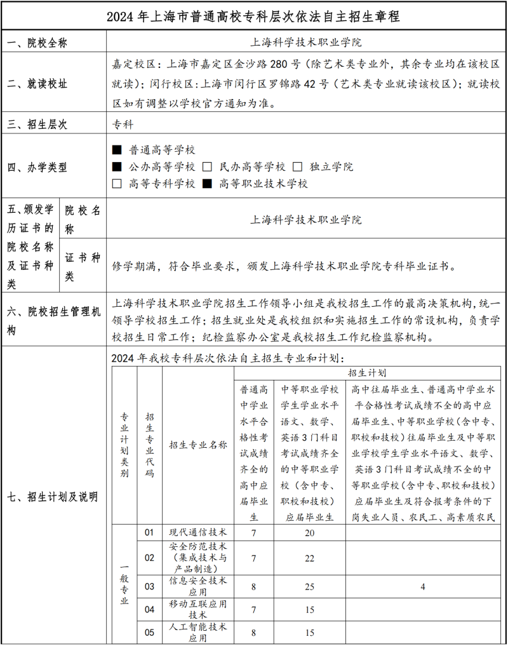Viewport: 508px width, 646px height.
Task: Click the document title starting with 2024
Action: click(253, 16)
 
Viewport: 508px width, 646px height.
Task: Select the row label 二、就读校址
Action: click(37, 84)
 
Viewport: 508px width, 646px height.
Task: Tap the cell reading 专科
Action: click(123, 124)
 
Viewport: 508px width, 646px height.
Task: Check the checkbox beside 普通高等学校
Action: click(116, 150)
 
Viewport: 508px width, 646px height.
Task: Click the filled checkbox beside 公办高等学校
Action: click(116, 167)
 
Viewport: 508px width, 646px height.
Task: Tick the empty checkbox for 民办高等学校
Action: click(206, 167)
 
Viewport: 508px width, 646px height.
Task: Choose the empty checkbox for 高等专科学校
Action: click(116, 184)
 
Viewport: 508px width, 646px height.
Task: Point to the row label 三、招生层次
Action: click(37, 124)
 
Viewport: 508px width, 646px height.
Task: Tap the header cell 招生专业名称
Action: click(198, 445)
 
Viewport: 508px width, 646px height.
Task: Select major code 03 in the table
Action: click(149, 586)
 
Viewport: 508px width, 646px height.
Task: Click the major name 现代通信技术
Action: click(198, 532)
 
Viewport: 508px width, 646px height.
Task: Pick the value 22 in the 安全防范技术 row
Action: click(310, 558)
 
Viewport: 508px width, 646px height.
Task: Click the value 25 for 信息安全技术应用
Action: click(310, 586)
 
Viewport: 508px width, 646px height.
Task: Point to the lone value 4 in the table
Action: click(422, 586)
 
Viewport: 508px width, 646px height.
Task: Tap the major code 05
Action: click(149, 632)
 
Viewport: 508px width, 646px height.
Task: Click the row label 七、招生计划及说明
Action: click(53, 497)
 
